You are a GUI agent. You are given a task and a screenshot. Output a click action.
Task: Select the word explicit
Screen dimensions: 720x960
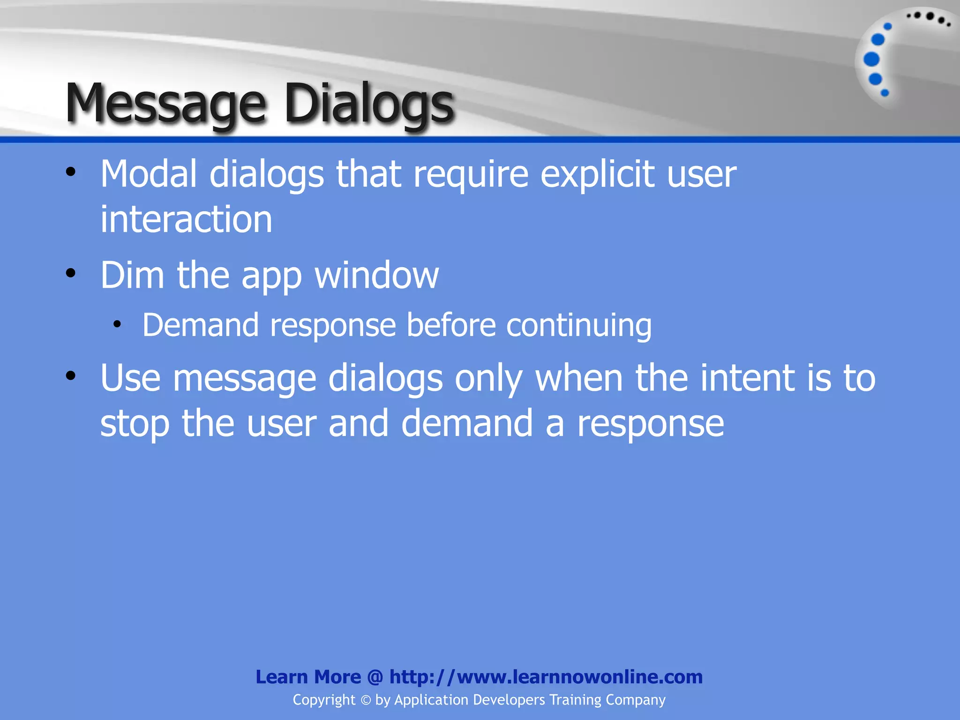click(597, 174)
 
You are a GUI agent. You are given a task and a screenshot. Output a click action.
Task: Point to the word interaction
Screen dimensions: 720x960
click(186, 219)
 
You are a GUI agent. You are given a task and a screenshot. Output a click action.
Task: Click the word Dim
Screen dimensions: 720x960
click(132, 275)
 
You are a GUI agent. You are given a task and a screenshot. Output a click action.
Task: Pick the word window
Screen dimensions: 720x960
click(376, 275)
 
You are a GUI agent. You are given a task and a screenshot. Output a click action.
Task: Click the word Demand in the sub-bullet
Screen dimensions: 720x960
click(200, 325)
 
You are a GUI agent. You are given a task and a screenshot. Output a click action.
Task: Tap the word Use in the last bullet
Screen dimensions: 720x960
click(130, 378)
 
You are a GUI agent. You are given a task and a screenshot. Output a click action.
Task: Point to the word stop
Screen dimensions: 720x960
click(135, 423)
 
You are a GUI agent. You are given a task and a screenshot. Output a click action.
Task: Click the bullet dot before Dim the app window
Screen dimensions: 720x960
click(71, 273)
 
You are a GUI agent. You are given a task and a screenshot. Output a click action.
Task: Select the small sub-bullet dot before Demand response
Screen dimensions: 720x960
click(117, 324)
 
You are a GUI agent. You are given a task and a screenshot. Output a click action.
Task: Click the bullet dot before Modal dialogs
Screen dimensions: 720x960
click(71, 172)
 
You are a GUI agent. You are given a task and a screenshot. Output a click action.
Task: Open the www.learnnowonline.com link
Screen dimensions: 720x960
click(546, 677)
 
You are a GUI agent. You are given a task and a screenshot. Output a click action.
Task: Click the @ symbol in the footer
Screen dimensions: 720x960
click(375, 677)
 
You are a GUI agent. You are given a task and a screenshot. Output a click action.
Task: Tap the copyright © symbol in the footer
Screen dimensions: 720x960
click(366, 700)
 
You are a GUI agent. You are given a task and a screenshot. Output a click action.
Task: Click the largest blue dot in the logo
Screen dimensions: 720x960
click(871, 60)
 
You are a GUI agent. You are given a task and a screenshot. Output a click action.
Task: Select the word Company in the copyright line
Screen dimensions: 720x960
click(635, 700)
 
